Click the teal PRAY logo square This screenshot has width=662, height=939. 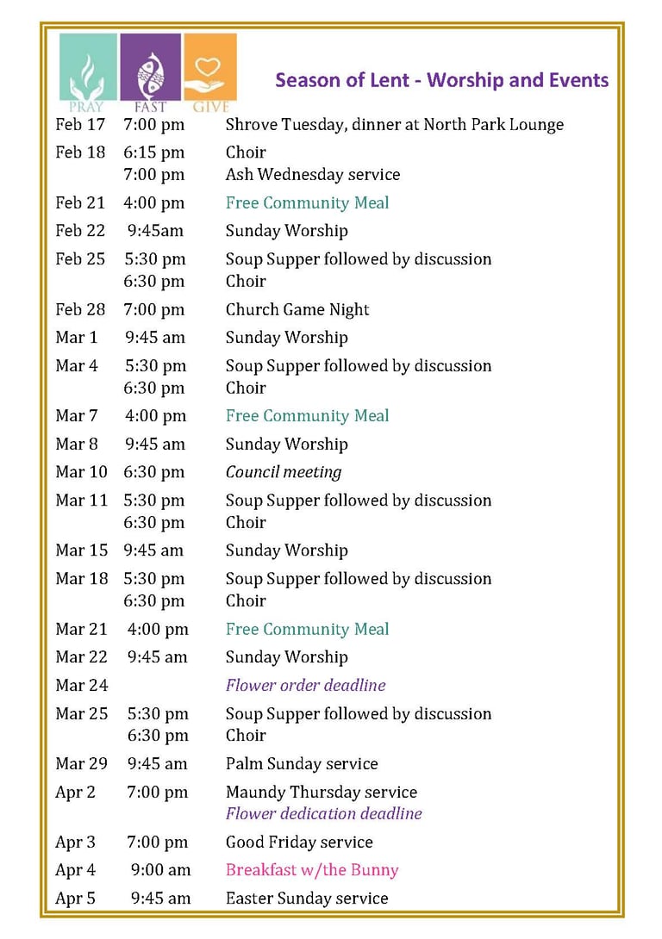click(88, 69)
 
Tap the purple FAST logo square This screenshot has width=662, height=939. click(150, 69)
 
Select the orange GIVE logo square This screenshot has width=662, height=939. click(210, 69)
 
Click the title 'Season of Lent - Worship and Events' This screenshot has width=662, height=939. click(441, 80)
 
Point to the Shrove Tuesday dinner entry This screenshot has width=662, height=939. click(394, 125)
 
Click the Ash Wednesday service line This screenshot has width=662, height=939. click(312, 175)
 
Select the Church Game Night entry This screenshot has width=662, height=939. click(297, 309)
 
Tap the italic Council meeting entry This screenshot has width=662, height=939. click(284, 472)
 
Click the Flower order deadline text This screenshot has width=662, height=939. click(305, 685)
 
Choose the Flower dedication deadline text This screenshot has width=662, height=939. click(323, 813)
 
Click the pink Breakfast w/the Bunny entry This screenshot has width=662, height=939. click(312, 870)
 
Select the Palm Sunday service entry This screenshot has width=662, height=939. click(302, 764)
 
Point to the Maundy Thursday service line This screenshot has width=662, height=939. click(321, 793)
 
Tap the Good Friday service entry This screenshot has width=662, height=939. click(299, 843)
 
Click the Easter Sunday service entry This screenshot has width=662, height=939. click(307, 899)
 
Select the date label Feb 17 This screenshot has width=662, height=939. click(80, 125)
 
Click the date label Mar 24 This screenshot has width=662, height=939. click(82, 686)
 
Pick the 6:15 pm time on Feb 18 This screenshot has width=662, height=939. click(154, 152)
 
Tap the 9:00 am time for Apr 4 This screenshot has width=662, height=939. click(160, 870)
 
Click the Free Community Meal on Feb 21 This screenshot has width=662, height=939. click(307, 203)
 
